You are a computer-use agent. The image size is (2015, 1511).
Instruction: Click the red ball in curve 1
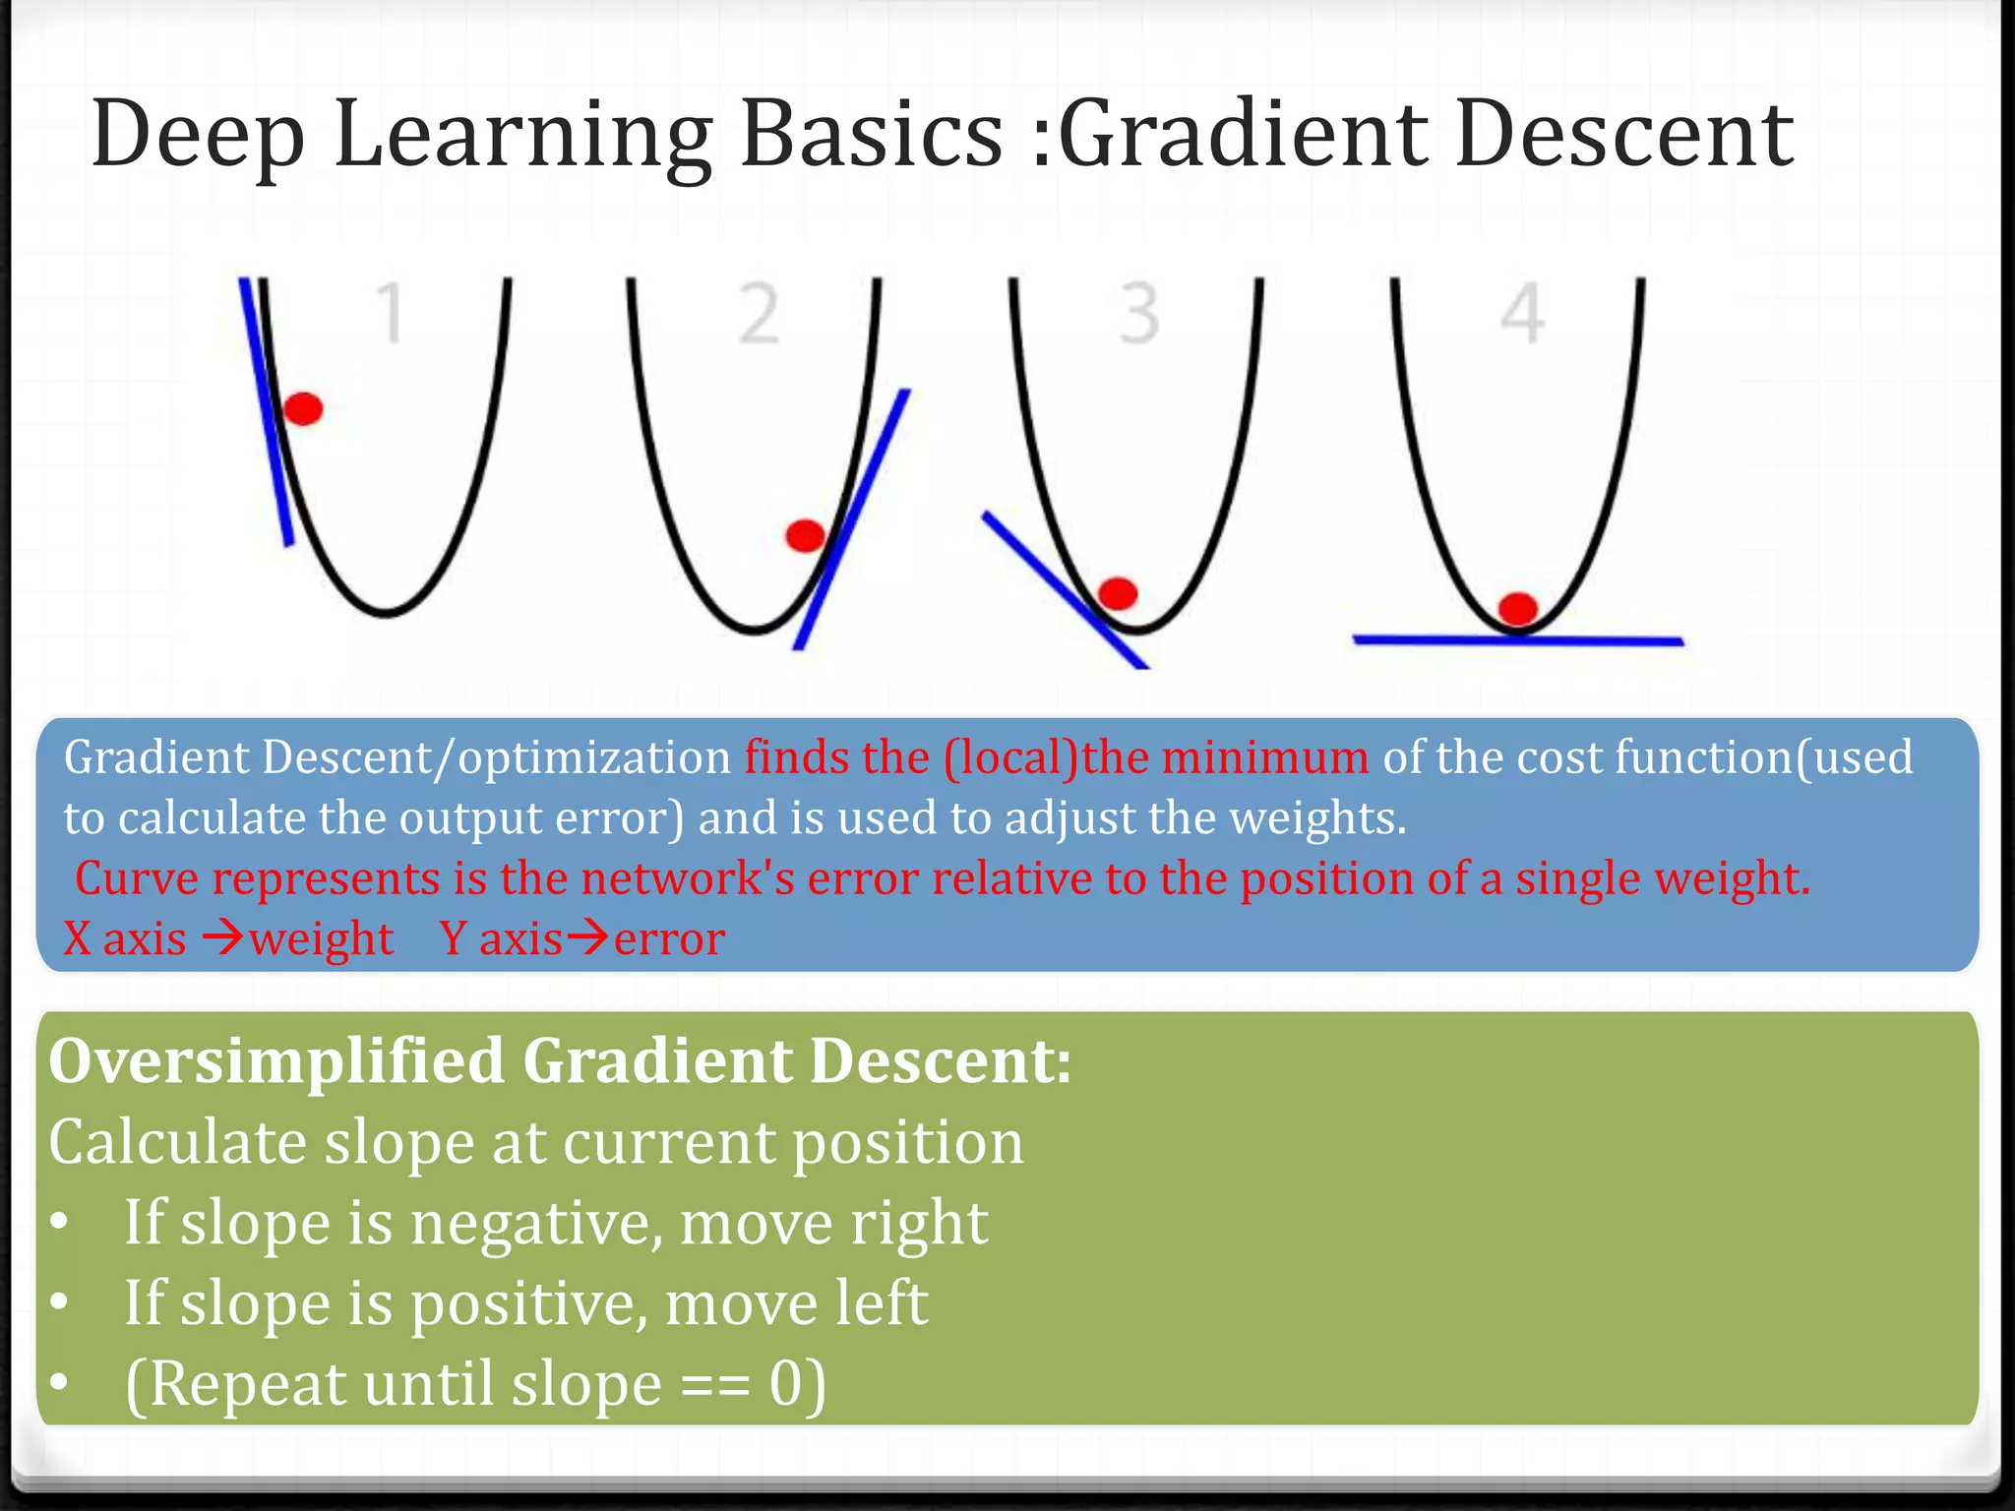tap(303, 408)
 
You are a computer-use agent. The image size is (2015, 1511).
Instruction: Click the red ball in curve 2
tap(806, 536)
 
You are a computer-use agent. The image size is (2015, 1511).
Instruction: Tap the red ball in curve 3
tap(1118, 593)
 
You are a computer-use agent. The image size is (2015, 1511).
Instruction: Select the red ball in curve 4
tap(1518, 608)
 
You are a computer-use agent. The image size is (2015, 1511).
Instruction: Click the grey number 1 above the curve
tap(392, 314)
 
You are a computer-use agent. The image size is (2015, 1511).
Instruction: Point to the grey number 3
tap(1139, 314)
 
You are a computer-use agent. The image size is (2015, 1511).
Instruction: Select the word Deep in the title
tap(197, 135)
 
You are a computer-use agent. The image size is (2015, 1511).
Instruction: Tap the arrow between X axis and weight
tap(222, 937)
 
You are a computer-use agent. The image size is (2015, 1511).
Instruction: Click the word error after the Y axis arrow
tap(669, 938)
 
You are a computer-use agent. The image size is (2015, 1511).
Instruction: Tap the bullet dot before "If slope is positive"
tap(60, 1301)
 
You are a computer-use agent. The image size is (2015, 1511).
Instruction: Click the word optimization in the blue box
tap(594, 757)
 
